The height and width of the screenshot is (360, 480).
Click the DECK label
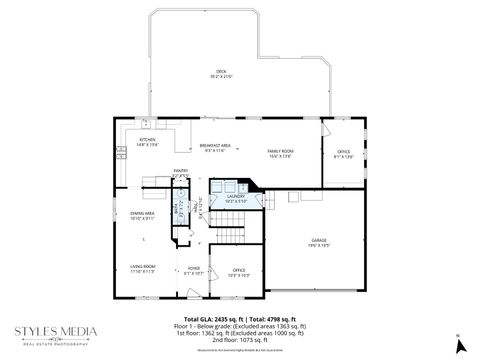pos(221,74)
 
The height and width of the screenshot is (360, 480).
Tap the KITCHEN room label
pos(134,141)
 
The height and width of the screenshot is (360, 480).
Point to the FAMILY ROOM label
pos(279,153)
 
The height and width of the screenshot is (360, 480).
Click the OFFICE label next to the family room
pos(343,153)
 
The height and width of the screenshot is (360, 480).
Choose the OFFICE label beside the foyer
pos(239,272)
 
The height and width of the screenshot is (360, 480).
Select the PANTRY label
pos(180,173)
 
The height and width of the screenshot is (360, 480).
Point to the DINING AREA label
pos(141,215)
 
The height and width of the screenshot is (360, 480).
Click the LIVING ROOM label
pos(141,268)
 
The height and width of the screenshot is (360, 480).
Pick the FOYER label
pos(194,271)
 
